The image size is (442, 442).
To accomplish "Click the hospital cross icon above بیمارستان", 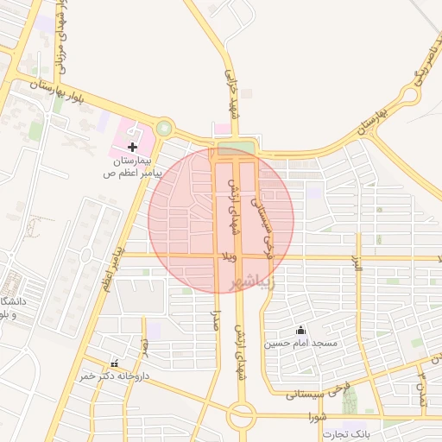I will (132, 148).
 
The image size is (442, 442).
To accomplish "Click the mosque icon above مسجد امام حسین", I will (300, 330).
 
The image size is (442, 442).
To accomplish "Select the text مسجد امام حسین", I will (300, 344).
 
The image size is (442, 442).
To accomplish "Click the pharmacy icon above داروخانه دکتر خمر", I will (114, 363).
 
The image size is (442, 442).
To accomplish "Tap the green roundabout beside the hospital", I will (163, 129).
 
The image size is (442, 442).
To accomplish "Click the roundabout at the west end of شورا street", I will (242, 416).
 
